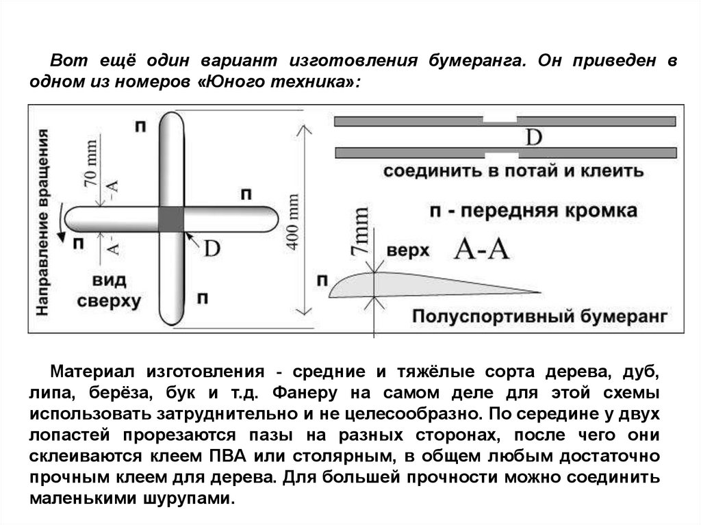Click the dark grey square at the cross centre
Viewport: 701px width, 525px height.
171,218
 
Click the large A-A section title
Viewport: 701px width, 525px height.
483,251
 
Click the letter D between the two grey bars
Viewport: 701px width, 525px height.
533,138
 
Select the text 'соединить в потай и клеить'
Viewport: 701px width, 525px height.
513,170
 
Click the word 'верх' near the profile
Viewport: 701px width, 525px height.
408,251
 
